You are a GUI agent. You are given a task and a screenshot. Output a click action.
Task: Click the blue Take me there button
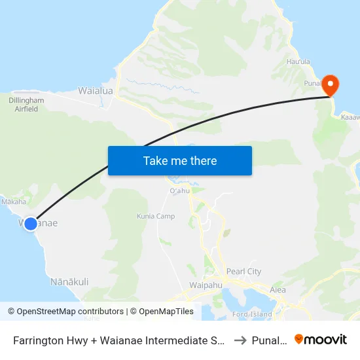[x=180, y=160]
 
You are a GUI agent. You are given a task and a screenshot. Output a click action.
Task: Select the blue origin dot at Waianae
[x=30, y=223]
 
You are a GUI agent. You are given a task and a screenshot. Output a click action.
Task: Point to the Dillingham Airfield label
[x=26, y=105]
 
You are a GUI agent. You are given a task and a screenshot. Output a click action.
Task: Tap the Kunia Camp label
[x=156, y=216]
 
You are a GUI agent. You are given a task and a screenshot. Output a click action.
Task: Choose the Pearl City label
[x=243, y=272]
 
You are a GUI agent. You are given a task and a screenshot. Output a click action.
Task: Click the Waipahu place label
[x=206, y=286]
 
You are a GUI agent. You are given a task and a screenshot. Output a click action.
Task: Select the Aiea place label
[x=278, y=289]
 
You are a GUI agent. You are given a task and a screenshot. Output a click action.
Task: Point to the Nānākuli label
[x=69, y=281]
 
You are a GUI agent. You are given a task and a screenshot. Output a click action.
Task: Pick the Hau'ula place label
[x=298, y=62]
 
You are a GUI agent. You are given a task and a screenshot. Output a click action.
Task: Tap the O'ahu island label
[x=179, y=190]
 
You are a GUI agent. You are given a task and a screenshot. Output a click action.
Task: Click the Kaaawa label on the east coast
[x=350, y=117]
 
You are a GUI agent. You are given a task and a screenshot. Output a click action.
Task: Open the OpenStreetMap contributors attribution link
[x=67, y=312]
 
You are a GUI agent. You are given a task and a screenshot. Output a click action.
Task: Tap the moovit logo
[x=321, y=339]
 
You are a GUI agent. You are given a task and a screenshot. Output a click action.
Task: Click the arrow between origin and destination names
[x=241, y=340]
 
